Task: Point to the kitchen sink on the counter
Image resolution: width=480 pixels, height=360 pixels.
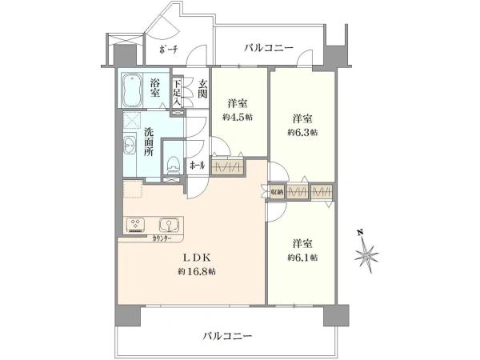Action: (167, 225)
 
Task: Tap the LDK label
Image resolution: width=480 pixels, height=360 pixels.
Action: (199, 258)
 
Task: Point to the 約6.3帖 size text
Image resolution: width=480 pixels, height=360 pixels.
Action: (303, 133)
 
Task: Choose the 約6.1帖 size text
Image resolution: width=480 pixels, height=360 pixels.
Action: (303, 258)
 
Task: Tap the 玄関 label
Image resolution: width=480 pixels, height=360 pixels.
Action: (203, 88)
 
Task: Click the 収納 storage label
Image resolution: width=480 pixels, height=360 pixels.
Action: (277, 193)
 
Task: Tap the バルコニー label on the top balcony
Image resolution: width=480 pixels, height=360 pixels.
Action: (269, 49)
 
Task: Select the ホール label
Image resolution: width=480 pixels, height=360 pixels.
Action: (197, 166)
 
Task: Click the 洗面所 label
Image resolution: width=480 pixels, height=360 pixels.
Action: (148, 142)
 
